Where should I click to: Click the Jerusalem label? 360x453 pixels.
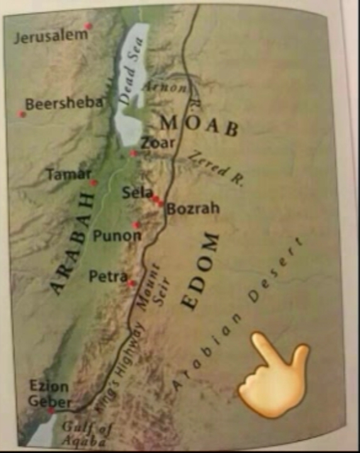51,36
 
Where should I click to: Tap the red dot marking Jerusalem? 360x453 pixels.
88,26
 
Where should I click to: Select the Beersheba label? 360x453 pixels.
64,104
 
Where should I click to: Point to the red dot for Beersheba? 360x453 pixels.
22,114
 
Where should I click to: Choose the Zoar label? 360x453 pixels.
158,143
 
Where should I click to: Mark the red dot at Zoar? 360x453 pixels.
133,154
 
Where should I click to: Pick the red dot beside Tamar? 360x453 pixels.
94,183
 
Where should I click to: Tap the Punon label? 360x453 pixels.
117,236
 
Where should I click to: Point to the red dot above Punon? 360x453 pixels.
136,225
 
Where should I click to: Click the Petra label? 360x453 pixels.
108,276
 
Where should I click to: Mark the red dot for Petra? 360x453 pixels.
131,283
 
